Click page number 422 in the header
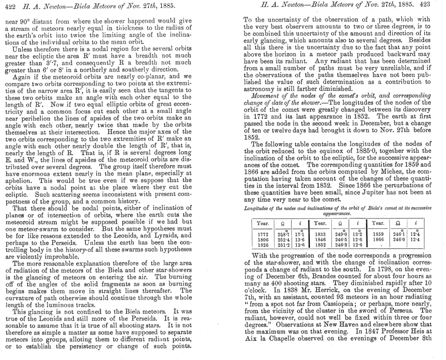[10, 5]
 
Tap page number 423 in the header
[435, 5]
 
